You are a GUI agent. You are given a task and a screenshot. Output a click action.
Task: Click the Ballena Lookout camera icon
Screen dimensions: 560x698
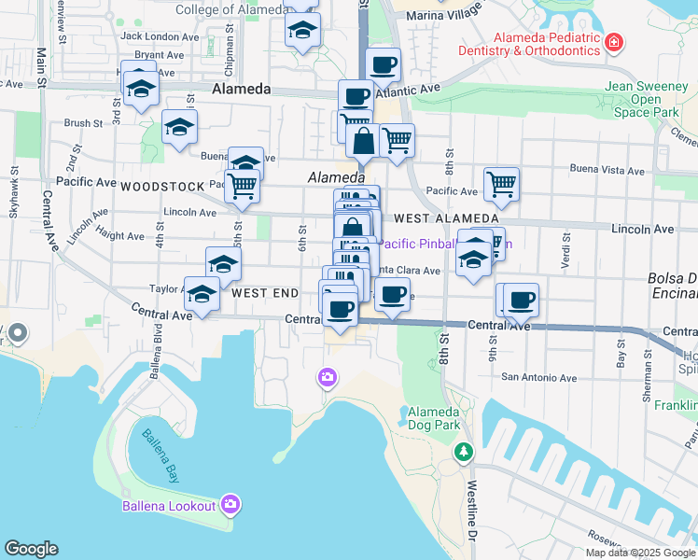point(230,505)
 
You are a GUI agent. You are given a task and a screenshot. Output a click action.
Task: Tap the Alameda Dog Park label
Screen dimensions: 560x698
point(434,418)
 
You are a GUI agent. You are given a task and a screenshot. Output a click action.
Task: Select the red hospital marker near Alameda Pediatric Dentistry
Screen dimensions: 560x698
point(613,42)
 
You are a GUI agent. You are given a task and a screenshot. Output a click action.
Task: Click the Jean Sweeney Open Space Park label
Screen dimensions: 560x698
point(647,99)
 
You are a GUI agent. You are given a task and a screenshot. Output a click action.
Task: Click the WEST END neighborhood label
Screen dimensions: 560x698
point(265,293)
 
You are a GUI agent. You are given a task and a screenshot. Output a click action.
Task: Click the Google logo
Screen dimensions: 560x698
point(31,549)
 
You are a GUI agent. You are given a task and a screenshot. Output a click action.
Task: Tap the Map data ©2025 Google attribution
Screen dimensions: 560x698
point(640,553)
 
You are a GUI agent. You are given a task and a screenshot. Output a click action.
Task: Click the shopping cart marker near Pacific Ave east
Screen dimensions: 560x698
point(502,185)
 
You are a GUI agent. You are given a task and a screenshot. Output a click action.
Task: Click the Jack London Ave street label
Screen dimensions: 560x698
point(160,36)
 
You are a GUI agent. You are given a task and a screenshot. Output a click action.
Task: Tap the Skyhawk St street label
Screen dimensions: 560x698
point(14,192)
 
